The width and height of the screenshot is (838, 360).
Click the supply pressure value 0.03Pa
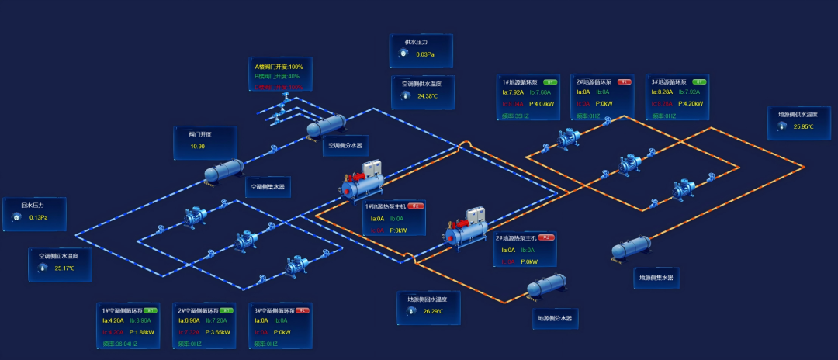(424, 54)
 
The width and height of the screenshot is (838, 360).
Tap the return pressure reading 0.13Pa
(39, 217)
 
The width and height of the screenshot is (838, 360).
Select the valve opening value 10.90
(197, 146)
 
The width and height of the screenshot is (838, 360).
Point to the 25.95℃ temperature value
(803, 126)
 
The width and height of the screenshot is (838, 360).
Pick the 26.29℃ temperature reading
(432, 311)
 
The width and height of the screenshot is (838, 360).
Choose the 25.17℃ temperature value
(64, 268)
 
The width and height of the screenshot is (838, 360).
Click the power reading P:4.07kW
(539, 103)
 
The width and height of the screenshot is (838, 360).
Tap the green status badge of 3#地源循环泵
(698, 81)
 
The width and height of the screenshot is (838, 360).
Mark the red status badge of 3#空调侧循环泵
(303, 310)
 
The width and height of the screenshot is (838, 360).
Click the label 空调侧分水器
(345, 145)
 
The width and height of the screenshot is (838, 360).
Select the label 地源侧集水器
(656, 277)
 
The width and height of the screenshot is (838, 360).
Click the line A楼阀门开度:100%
(279, 67)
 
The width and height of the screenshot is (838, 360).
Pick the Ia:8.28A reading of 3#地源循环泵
(662, 93)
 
